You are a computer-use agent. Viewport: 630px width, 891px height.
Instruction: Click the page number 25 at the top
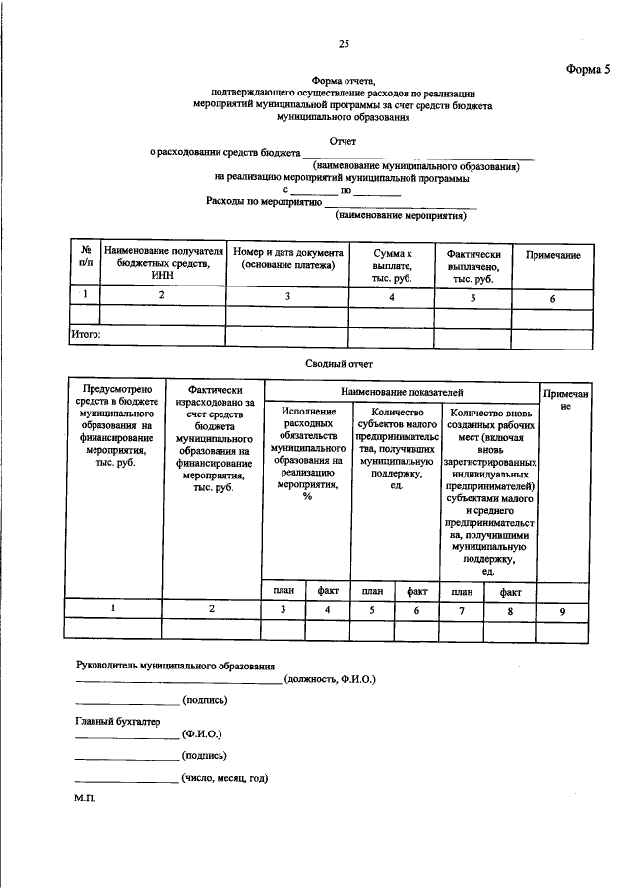344,44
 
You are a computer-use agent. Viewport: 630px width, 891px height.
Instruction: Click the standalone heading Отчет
343,141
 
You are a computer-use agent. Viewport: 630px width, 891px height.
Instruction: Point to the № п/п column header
86,260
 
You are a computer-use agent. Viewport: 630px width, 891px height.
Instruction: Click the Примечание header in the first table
552,255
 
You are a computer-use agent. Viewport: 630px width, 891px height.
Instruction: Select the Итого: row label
86,335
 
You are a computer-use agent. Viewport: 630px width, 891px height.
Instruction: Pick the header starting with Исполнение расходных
308,454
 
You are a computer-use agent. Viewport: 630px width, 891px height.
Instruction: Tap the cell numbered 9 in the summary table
562,610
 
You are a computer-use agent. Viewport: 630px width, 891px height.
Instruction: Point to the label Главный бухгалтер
116,720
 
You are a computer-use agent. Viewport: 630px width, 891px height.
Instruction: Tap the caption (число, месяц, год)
224,777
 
